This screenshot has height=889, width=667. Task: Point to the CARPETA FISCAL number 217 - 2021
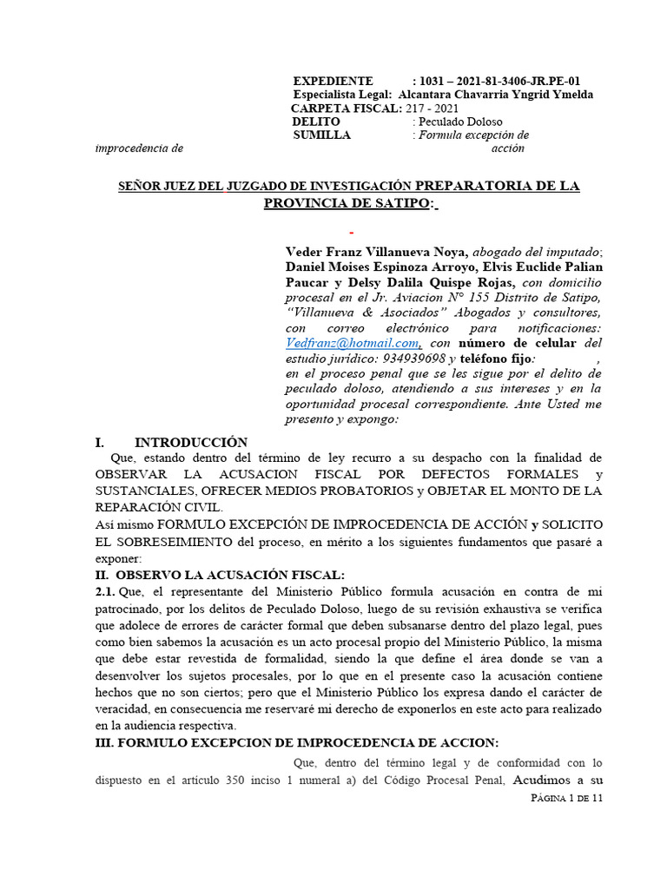pos(433,109)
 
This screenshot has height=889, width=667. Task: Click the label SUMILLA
pos(321,135)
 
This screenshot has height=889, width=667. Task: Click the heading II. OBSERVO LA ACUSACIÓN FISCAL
pos(220,575)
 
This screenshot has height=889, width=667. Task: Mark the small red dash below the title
pos(351,234)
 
